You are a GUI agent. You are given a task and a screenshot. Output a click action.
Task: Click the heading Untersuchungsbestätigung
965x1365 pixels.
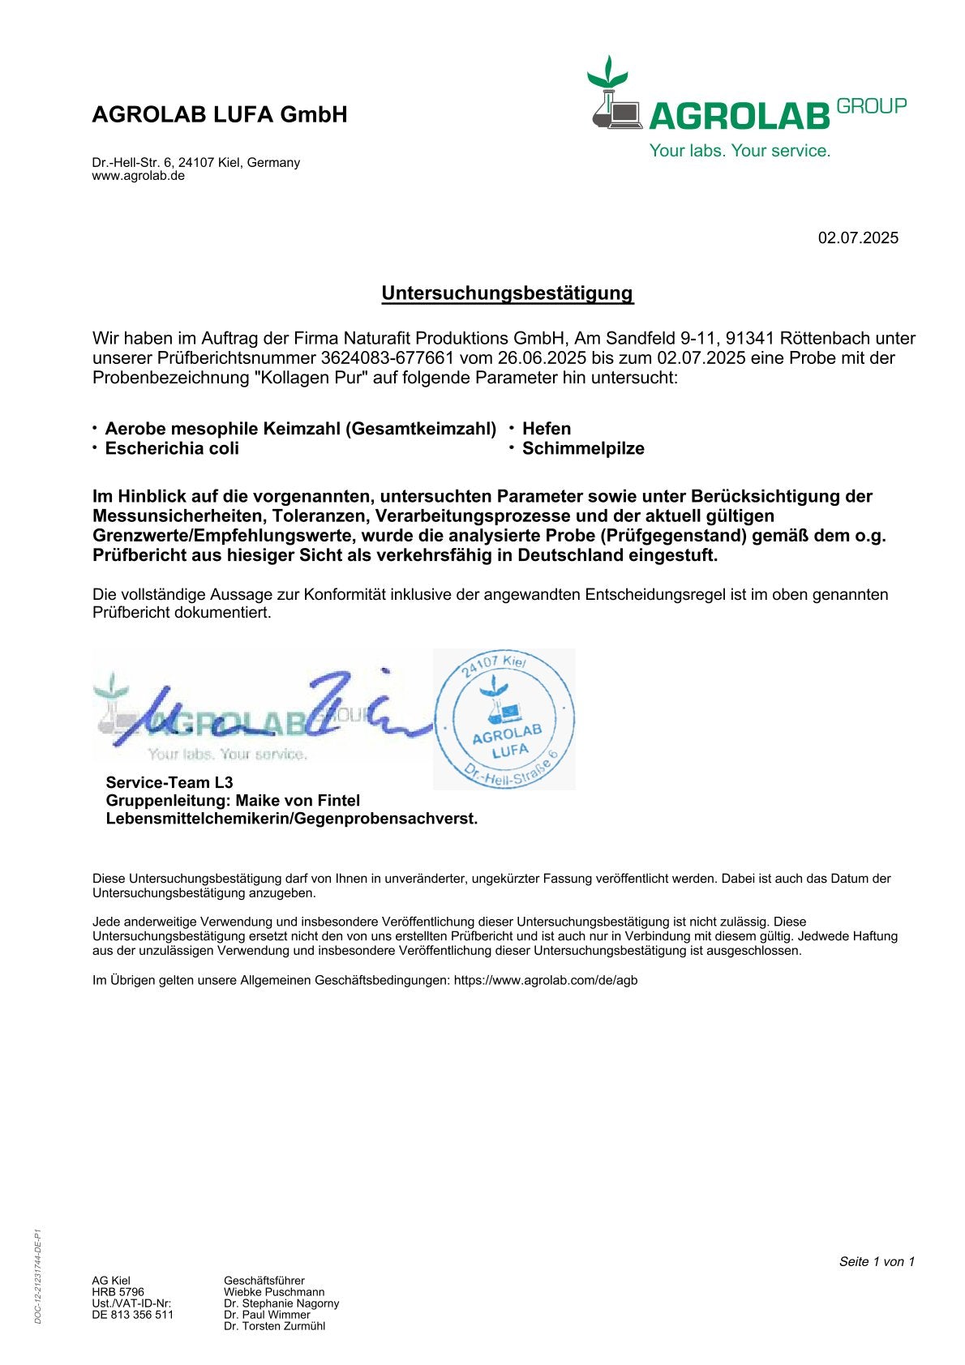[507, 293]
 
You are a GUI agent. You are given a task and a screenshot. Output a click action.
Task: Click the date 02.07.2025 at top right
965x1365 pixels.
[858, 238]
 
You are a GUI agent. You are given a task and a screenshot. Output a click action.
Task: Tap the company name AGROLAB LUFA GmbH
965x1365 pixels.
[220, 115]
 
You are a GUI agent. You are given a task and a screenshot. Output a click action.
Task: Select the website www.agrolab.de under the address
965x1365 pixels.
[139, 176]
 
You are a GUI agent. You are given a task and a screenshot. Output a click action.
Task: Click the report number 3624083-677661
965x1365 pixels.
[388, 358]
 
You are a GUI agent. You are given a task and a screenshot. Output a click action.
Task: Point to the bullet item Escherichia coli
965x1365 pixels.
[172, 449]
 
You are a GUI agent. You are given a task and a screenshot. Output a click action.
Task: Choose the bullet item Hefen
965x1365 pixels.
[547, 429]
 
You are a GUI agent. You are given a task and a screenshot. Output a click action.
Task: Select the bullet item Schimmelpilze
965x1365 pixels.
[583, 449]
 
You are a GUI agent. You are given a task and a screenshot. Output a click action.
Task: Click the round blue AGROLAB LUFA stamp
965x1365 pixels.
[504, 720]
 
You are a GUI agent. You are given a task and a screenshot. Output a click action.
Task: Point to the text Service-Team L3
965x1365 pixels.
[169, 782]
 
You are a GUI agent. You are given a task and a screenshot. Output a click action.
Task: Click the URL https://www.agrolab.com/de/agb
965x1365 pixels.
[546, 980]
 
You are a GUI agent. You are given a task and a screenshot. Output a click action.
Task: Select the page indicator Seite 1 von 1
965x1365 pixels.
[877, 1261]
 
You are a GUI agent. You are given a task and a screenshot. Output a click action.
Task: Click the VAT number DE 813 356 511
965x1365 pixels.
[132, 1315]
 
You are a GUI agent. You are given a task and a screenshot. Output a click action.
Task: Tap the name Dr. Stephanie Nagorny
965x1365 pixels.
[281, 1303]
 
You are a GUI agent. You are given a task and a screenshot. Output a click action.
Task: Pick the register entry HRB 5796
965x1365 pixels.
[118, 1292]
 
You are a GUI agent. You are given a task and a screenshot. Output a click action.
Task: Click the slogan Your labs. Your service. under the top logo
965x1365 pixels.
[740, 151]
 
